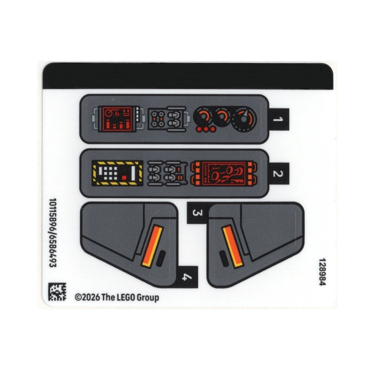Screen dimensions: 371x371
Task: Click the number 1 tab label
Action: coord(278,119)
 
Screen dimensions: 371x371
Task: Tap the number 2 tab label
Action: coord(278,174)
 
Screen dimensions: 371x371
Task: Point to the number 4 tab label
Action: coord(187,277)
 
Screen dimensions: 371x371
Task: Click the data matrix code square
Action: coord(57,291)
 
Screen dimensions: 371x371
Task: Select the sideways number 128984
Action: coord(323,272)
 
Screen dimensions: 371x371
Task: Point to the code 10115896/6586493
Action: coord(52,233)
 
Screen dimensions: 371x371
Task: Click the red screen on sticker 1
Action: coord(117,119)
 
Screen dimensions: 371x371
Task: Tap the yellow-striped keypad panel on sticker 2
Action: coord(117,173)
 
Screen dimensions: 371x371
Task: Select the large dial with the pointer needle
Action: coord(244,119)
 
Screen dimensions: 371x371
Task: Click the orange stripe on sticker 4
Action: coord(152,246)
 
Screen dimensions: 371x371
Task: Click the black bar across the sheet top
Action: coord(188,76)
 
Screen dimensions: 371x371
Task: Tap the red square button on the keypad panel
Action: coord(124,178)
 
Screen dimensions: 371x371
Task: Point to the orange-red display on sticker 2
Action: coord(224,174)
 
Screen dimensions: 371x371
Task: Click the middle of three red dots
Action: coord(206,129)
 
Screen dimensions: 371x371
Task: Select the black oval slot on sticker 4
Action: coord(161,258)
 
